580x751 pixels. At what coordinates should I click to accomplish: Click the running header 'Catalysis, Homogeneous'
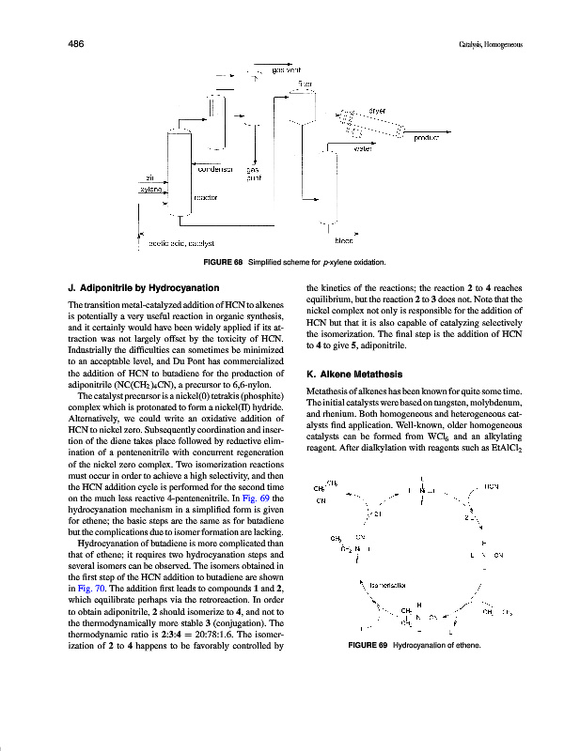pyautogui.click(x=490, y=44)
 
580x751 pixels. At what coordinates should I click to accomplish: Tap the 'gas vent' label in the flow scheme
pyautogui.click(x=286, y=69)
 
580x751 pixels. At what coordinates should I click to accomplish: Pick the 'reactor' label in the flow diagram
pyautogui.click(x=206, y=198)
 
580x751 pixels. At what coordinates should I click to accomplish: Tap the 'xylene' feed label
pyautogui.click(x=151, y=189)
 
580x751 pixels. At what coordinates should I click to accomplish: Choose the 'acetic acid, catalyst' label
pyautogui.click(x=181, y=243)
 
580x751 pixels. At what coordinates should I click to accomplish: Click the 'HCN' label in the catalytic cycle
pyautogui.click(x=491, y=486)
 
